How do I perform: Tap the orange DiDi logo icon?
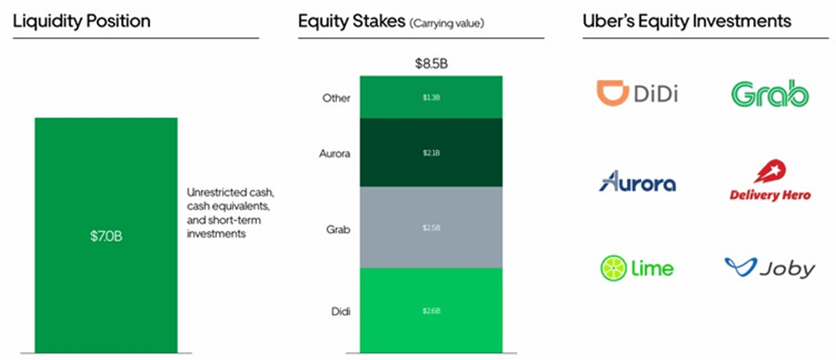(611, 92)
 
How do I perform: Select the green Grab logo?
(769, 93)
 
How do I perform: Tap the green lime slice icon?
(614, 268)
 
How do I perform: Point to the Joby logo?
(769, 268)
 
